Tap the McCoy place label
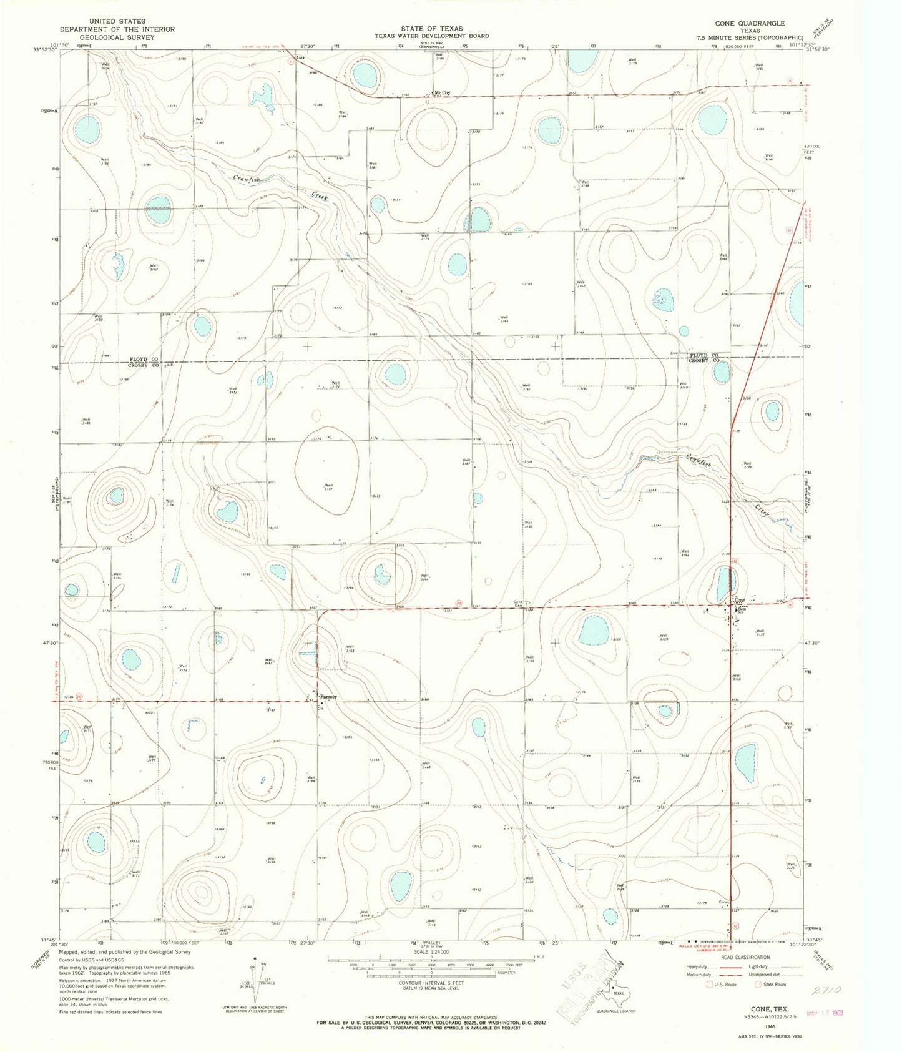(443, 92)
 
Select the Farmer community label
(328, 697)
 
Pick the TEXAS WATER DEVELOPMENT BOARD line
(431, 36)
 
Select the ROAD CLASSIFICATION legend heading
(736, 957)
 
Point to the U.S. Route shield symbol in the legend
(709, 985)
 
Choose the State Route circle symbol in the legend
(758, 985)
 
